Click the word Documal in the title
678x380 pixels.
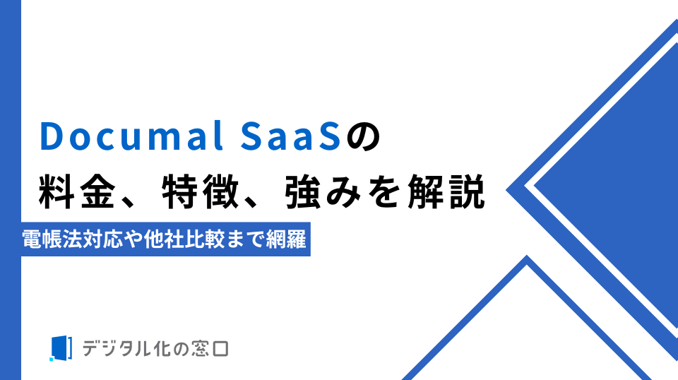[131, 136]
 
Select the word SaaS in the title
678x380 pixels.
[290, 136]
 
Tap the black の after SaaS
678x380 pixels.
[362, 137]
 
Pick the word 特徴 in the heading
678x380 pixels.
[201, 191]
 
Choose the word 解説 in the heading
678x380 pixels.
[446, 191]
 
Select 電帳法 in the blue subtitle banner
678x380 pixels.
[52, 239]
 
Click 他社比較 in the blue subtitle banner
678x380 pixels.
[184, 239]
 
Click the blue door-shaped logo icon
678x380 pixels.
[60, 348]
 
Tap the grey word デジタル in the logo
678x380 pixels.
[117, 348]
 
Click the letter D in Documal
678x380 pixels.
[52, 136]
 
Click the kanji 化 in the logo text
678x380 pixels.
[161, 348]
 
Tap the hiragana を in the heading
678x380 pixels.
[385, 192]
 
